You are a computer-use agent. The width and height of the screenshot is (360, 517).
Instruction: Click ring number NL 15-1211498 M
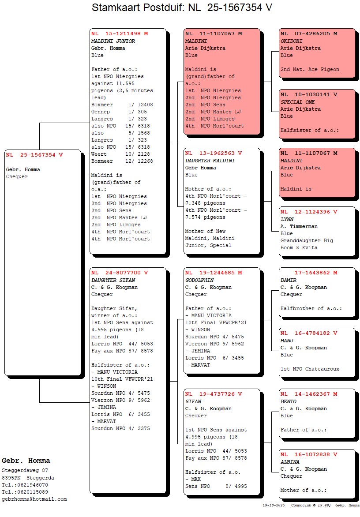coord(120,34)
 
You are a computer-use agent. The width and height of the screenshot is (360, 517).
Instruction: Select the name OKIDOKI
coord(291,41)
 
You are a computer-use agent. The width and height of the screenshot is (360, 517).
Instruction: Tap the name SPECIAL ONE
coord(298,102)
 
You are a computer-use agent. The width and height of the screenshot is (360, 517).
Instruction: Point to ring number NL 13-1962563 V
coord(214,153)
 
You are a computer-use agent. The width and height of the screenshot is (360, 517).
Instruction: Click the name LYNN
coord(287,219)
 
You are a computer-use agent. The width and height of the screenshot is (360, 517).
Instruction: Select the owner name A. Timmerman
coord(299,226)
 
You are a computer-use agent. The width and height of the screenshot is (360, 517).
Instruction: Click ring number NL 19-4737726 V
coord(214,394)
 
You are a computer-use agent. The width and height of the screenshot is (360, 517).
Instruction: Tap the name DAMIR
coord(289,280)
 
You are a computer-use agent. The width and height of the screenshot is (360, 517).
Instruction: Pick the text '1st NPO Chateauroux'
coord(310,369)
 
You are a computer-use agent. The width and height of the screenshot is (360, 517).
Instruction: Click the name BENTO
coord(289,401)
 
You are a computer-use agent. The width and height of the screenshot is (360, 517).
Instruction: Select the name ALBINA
coord(290,462)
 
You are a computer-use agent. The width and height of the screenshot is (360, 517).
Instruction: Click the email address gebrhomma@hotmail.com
coord(34,499)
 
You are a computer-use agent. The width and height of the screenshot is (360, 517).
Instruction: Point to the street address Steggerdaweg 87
coord(25,471)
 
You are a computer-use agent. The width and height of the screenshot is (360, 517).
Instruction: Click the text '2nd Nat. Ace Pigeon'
coord(310,69)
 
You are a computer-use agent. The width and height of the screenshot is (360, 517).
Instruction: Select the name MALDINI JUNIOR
coord(113,41)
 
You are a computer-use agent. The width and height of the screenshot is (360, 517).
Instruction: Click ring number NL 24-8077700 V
coord(120,273)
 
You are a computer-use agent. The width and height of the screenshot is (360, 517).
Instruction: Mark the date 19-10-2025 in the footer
coord(274,505)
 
